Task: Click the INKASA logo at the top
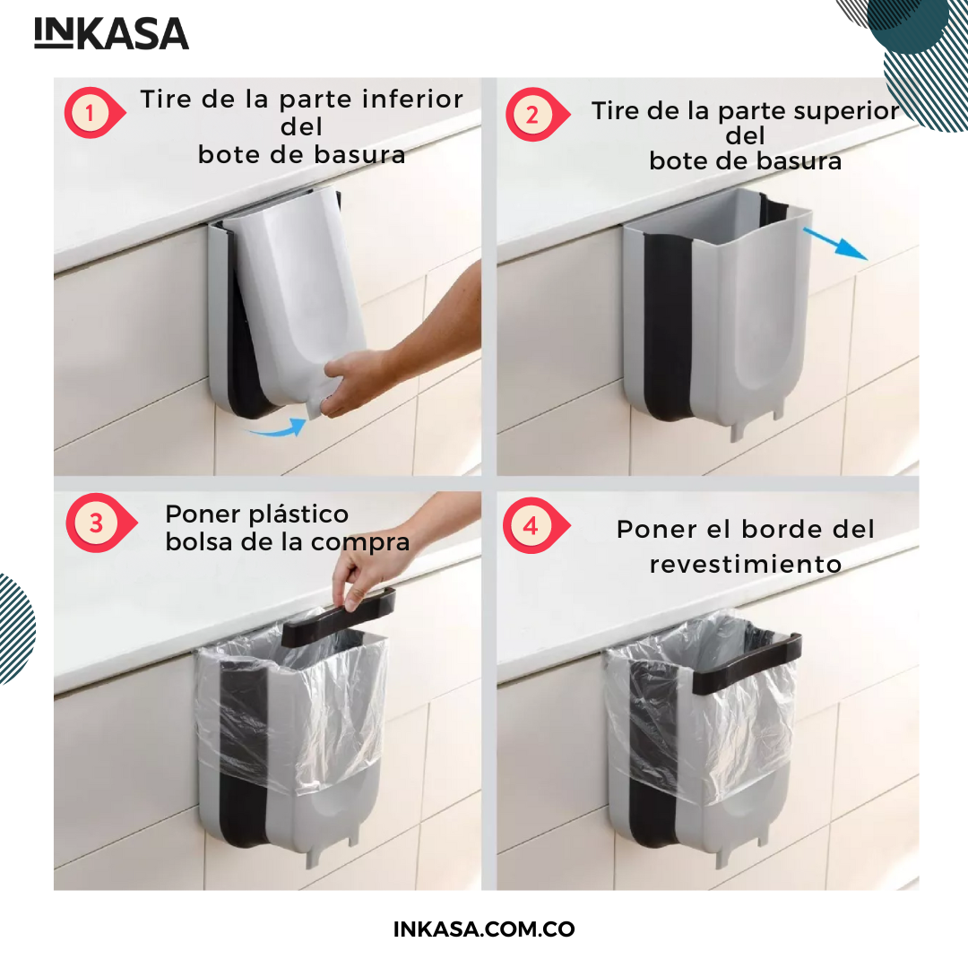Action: point(111,33)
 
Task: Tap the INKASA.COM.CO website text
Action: point(484,929)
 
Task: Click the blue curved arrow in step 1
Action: point(278,428)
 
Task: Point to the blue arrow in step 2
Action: point(834,243)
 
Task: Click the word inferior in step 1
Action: point(412,99)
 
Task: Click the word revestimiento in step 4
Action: point(745,564)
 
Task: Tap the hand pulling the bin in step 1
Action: point(358,380)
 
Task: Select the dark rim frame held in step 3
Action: point(338,618)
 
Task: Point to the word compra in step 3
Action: point(360,543)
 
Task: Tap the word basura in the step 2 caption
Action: point(799,161)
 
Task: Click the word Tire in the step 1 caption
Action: point(164,99)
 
